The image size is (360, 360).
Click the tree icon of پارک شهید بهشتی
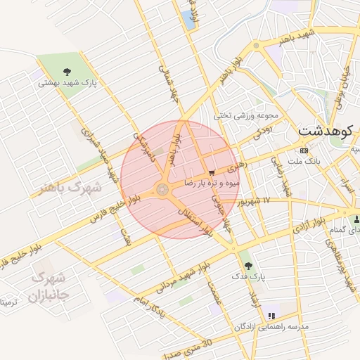[67, 71]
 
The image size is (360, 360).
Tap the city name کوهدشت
[328, 131]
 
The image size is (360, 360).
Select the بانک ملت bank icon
[304, 150]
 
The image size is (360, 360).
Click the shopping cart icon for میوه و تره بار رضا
[212, 172]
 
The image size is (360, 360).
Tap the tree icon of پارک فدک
[245, 264]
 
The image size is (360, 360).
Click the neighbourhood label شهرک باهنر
[77, 188]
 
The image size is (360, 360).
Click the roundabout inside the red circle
[162, 189]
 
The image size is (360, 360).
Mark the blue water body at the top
[189, 20]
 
